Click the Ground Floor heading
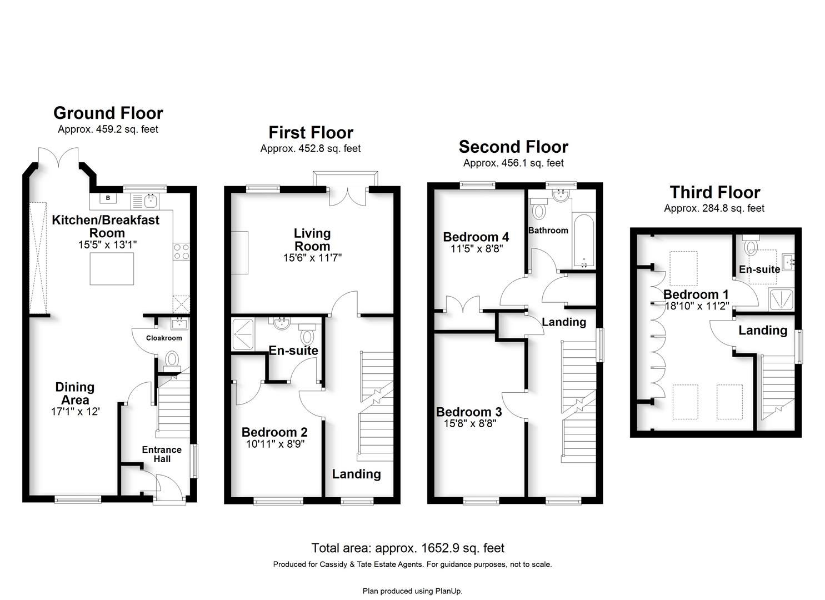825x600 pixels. tap(108, 113)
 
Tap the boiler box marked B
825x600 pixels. tap(108, 198)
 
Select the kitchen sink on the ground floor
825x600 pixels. tap(151, 201)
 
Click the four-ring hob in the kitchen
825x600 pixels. tap(182, 252)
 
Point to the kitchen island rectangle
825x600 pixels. tap(112, 268)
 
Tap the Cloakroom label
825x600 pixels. tap(164, 338)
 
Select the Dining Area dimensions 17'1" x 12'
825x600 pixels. tap(76, 412)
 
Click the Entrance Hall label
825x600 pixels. tap(162, 454)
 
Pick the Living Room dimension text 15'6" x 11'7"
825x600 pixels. tap(312, 258)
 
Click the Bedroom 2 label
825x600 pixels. tap(274, 432)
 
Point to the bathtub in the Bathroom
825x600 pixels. tap(584, 241)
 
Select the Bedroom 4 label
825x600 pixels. tap(476, 237)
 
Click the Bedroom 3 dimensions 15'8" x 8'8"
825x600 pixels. tap(470, 423)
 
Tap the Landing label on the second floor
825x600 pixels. tap(564, 322)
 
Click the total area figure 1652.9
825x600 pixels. tap(440, 548)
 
